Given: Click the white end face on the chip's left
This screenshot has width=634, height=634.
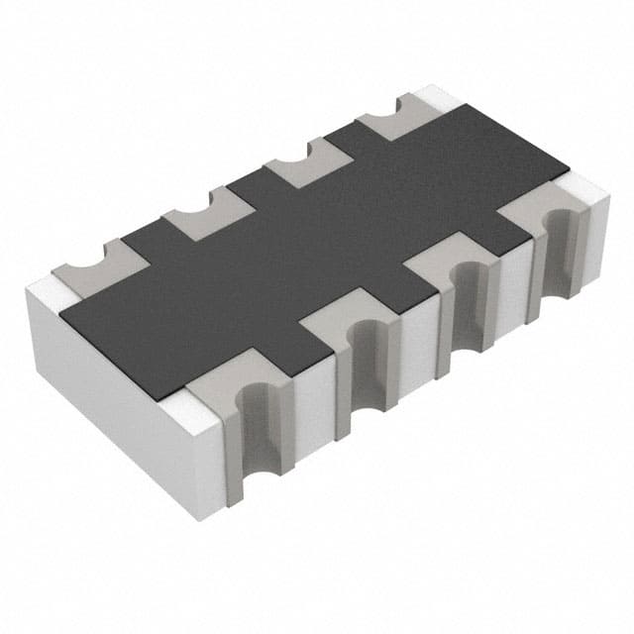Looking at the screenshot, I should click(119, 396).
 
